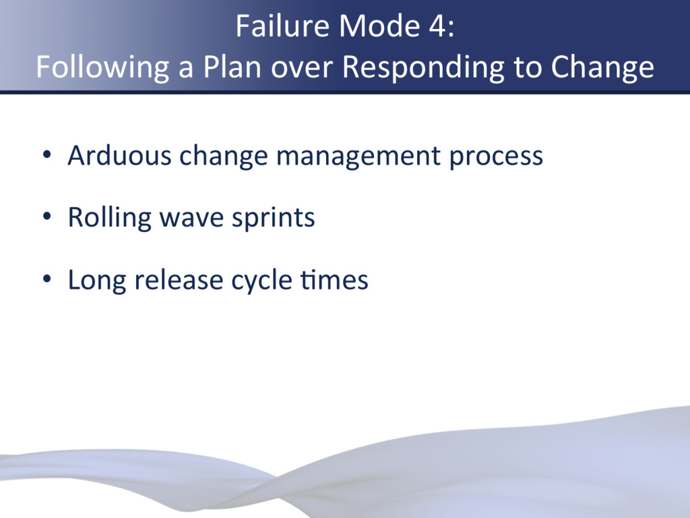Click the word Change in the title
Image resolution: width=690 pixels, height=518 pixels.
[602, 67]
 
